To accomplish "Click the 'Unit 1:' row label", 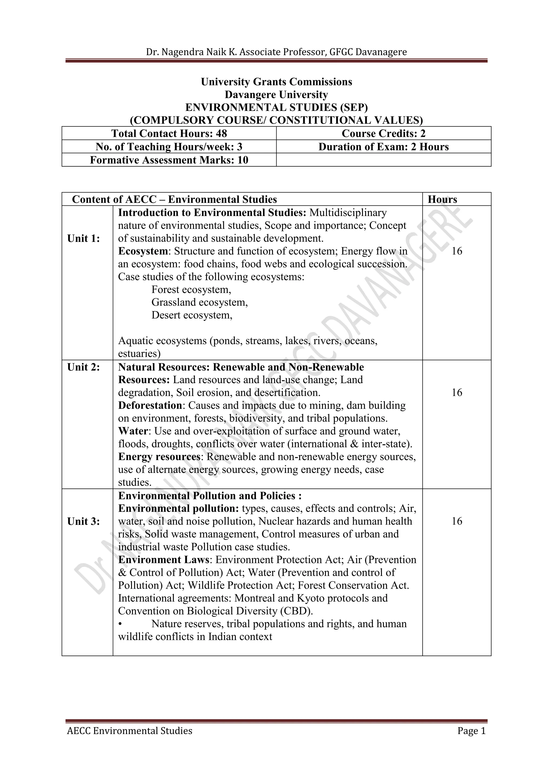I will pos(83,238).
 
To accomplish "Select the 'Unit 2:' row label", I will pos(83,367).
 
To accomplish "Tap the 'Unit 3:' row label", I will pos(83,521).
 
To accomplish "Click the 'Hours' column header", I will pos(442,199).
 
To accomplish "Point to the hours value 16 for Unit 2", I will pos(457,393).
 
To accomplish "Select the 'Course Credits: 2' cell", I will pos(383,133).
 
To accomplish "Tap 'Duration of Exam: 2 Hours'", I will pos(383,147).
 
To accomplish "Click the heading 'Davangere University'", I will pos(276,95).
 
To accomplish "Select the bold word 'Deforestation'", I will pos(150,406).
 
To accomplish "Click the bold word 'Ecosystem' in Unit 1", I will pos(143,251).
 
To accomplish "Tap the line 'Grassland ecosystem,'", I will pos(200,302).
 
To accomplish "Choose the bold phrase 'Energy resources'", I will pos(159,457).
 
